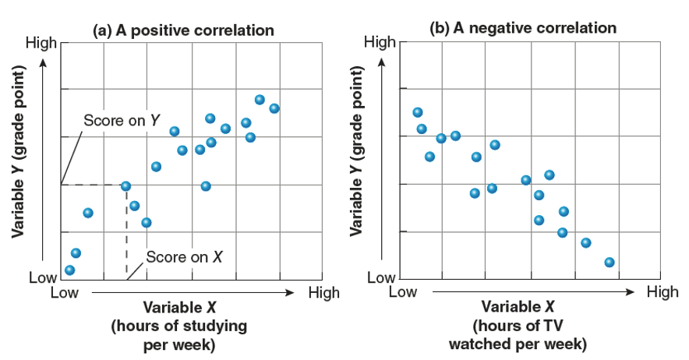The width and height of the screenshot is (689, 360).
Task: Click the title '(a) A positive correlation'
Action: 183,31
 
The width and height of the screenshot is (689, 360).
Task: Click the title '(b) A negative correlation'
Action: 523,28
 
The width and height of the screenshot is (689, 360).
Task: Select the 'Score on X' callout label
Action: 185,257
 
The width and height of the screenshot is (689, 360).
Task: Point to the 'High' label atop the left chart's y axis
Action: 41,42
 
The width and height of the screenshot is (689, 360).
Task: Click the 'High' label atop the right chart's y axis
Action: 380,41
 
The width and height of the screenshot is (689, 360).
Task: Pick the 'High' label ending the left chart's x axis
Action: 323,293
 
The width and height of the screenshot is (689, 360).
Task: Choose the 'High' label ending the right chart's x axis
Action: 662,292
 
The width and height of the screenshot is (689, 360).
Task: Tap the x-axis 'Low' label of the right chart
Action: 403,292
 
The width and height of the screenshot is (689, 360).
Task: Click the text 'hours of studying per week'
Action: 178,334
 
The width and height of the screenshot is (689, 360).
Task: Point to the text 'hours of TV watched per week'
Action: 518,334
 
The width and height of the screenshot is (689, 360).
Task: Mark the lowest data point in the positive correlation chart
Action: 70,270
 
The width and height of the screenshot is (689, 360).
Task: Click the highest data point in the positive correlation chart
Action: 260,100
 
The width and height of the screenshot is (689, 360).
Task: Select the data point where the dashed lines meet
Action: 125,185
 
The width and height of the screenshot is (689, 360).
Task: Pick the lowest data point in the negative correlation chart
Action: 609,263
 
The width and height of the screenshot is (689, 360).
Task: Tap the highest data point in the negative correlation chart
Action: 418,112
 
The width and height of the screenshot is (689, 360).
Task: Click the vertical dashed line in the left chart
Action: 126,234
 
